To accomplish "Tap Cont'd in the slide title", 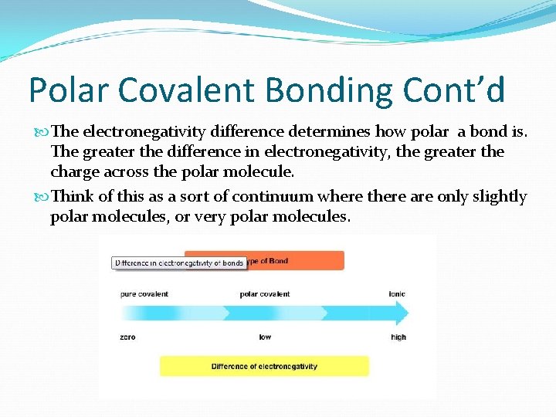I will (x=453, y=90).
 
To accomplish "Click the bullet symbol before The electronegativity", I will (x=41, y=132).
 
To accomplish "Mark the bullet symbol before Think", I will (x=41, y=197).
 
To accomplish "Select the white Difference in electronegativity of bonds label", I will (x=179, y=263).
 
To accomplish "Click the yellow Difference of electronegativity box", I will (x=264, y=366).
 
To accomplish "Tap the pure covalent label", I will (x=144, y=294).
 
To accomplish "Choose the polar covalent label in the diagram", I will (x=264, y=294).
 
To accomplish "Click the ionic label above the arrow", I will (x=398, y=294).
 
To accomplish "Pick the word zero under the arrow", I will (x=128, y=337).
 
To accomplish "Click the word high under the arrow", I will (x=398, y=337).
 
